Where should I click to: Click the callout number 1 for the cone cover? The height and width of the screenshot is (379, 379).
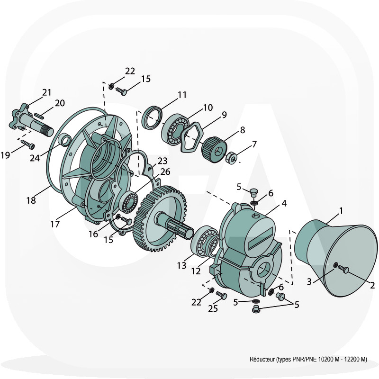coord(341,211)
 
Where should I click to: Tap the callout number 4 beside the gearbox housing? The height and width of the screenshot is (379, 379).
coord(284,203)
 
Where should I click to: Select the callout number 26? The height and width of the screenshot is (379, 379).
coord(165,171)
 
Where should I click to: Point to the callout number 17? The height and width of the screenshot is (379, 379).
coord(55,224)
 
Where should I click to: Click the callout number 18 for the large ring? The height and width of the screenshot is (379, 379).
coord(31,200)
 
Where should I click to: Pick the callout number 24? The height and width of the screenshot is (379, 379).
coord(35,158)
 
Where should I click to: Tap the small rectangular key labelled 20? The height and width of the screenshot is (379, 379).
coord(38,115)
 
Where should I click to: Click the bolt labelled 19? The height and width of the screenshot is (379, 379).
coord(28,144)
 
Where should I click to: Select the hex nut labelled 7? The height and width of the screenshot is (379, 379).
coord(231,158)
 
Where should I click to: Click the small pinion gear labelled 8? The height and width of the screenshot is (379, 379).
coord(214,150)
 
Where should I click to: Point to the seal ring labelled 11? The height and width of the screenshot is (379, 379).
coord(152,117)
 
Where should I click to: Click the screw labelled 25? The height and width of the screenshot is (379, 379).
coord(222,295)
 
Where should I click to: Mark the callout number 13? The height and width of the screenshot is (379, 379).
coord(182,265)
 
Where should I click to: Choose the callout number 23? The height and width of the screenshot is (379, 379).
coord(162,161)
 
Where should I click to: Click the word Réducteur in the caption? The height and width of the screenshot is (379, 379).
coord(262,359)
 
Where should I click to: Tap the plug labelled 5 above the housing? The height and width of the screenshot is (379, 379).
coord(253,192)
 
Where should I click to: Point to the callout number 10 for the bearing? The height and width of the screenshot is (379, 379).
coord(208,108)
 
